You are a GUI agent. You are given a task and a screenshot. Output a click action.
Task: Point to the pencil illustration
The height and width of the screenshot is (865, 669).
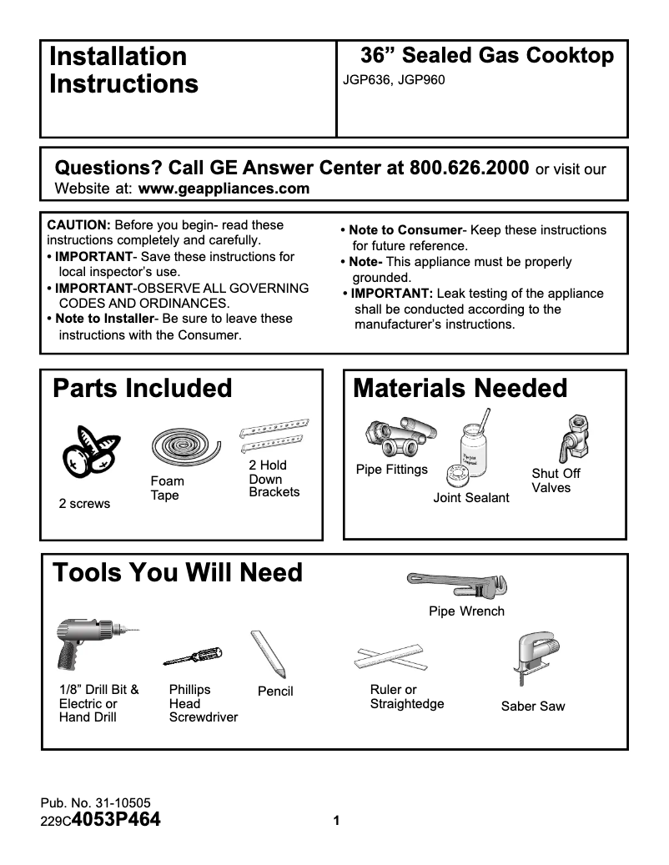pyautogui.click(x=269, y=653)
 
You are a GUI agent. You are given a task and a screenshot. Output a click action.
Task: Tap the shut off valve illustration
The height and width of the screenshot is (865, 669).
pyautogui.click(x=574, y=437)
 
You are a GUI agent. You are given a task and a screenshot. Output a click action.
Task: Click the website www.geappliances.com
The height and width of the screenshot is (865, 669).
pyautogui.click(x=224, y=189)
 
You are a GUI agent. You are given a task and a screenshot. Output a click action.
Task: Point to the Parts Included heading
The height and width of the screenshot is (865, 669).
pyautogui.click(x=143, y=389)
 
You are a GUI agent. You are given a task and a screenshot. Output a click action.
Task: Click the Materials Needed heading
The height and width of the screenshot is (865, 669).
pyautogui.click(x=460, y=389)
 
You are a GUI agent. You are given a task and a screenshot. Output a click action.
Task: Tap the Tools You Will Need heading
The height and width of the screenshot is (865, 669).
pyautogui.click(x=178, y=573)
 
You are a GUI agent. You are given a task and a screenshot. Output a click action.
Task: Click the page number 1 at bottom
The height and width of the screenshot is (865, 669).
pyautogui.click(x=336, y=821)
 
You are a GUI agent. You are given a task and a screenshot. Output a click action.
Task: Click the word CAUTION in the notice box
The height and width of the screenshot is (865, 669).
pyautogui.click(x=78, y=225)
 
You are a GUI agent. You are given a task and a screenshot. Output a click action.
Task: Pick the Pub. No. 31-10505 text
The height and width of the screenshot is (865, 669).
pyautogui.click(x=95, y=804)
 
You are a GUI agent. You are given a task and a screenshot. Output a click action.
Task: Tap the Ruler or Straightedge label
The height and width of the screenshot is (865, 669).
pyautogui.click(x=406, y=697)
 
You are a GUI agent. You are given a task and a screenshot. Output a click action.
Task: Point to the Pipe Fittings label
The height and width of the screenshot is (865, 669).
pyautogui.click(x=391, y=470)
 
